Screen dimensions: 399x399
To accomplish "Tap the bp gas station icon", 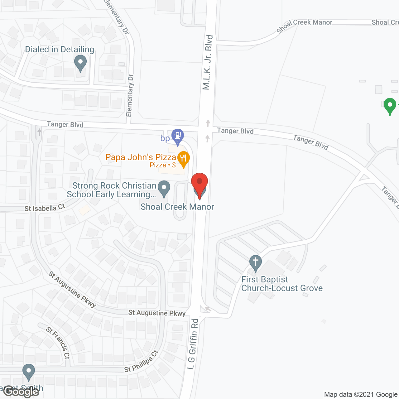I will (x=178, y=136).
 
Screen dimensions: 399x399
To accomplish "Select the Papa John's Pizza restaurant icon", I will (x=184, y=159).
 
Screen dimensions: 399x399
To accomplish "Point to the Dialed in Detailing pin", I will (x=80, y=63).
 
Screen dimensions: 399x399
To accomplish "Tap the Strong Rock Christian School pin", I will (x=164, y=188).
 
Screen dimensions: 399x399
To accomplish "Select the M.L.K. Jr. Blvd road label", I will (x=208, y=62).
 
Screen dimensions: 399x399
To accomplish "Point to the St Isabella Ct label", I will (x=45, y=208).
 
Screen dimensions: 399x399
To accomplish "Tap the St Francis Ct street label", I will (x=58, y=343).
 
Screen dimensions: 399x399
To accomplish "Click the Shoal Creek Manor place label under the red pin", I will (x=177, y=207).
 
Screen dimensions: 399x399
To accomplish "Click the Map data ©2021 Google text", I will (x=361, y=395).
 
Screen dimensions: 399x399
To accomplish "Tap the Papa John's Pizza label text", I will (x=141, y=157).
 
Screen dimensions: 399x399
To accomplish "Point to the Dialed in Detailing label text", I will (x=60, y=50).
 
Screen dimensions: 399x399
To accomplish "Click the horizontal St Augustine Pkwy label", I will (x=157, y=313).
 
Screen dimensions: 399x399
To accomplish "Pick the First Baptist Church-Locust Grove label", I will (x=282, y=284).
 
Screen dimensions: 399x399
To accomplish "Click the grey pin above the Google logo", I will (x=29, y=372).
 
